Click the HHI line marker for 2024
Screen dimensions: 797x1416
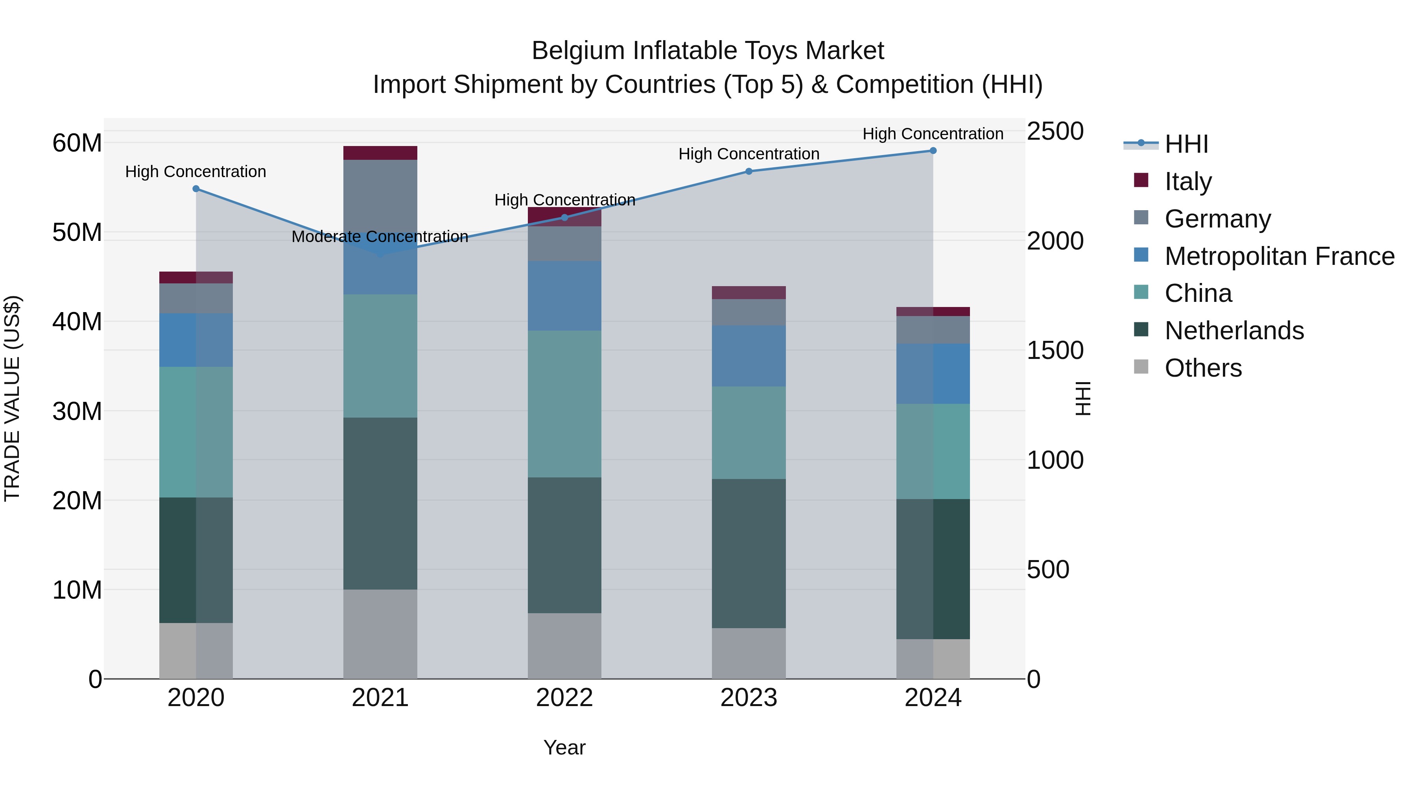pos(933,151)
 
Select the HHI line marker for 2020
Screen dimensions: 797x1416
pos(196,189)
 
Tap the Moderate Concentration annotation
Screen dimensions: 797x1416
pos(380,237)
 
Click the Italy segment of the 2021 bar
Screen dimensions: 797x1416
pos(380,153)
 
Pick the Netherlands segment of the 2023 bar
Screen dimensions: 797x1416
pos(749,553)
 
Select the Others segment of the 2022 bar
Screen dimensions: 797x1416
pos(564,646)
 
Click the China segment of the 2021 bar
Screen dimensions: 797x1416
pos(380,356)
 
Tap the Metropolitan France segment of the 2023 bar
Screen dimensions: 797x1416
pos(749,356)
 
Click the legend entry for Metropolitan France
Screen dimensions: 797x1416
pos(1279,256)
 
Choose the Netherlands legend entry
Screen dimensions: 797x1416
pos(1234,331)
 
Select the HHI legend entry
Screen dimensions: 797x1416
pos(1186,144)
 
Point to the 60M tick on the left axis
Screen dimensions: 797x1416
pos(77,143)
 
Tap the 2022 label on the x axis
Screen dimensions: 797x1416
pos(564,698)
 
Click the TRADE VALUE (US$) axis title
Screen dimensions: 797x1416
pos(12,398)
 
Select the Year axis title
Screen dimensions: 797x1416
pos(564,747)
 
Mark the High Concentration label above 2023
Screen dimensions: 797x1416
pos(749,154)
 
